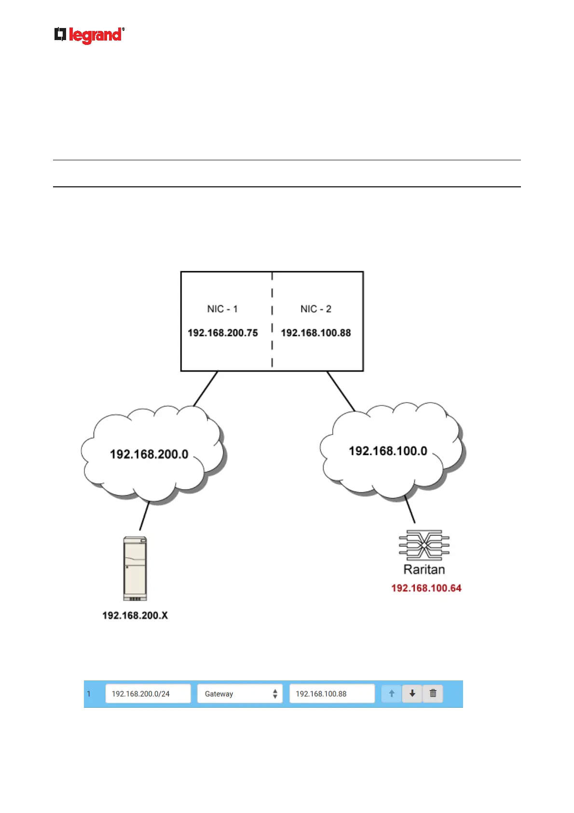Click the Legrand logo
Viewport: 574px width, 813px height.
click(x=89, y=35)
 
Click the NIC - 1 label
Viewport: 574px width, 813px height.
click(x=222, y=309)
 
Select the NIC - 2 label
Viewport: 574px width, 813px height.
click(x=316, y=309)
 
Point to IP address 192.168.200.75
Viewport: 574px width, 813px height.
click(x=222, y=333)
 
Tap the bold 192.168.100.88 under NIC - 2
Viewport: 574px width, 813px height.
click(x=316, y=333)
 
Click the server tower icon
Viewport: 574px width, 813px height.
click(x=135, y=568)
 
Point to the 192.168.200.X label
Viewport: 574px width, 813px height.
click(x=135, y=616)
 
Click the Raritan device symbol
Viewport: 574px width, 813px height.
click(x=424, y=546)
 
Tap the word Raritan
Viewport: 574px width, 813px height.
click(x=424, y=570)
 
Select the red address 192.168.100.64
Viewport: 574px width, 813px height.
click(x=426, y=588)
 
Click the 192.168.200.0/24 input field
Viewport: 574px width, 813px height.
click(x=148, y=694)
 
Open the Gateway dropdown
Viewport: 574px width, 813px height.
click(x=240, y=694)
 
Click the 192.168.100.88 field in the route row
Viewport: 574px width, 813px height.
click(x=332, y=694)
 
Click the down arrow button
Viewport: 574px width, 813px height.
click(x=412, y=694)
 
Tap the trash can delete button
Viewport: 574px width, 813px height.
click(x=433, y=694)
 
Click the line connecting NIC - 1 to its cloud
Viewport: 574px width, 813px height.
click(x=206, y=389)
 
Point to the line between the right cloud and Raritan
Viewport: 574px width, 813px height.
click(x=410, y=509)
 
